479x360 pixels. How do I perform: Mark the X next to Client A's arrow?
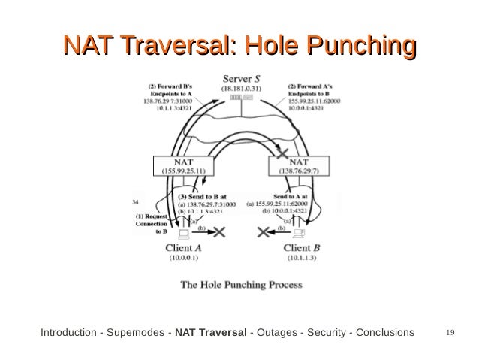click(218, 234)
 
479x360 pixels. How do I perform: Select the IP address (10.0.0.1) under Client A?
click(182, 258)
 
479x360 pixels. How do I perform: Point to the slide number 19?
click(451, 331)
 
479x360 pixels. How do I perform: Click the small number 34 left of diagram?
click(136, 203)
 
